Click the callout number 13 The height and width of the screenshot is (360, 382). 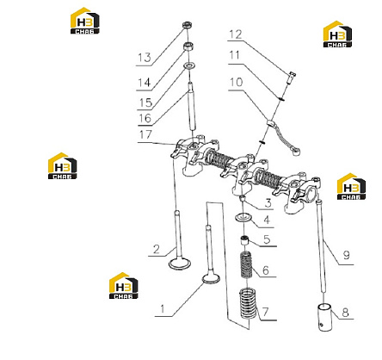pyautogui.click(x=145, y=58)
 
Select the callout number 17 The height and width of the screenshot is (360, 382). pyautogui.click(x=145, y=134)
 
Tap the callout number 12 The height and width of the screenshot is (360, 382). pyautogui.click(x=236, y=34)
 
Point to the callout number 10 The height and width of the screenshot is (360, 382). pyautogui.click(x=236, y=82)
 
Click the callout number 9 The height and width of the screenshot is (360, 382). pyautogui.click(x=347, y=255)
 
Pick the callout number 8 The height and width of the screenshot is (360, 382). pyautogui.click(x=345, y=312)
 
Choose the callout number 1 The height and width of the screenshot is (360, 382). pyautogui.click(x=163, y=309)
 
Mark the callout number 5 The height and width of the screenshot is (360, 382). pyautogui.click(x=267, y=239)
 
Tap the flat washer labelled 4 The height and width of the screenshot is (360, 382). pyautogui.click(x=243, y=217)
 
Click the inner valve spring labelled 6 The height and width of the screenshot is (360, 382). pyautogui.click(x=246, y=265)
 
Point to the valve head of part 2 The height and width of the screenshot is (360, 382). pyautogui.click(x=180, y=264)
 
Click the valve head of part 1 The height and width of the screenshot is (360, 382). pyautogui.click(x=212, y=278)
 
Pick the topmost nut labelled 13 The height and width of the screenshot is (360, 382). pyautogui.click(x=188, y=25)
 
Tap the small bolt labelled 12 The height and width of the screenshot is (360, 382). pyautogui.click(x=291, y=78)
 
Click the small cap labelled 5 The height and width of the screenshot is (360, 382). pyautogui.click(x=244, y=240)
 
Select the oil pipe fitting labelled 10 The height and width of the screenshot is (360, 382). pyautogui.click(x=283, y=136)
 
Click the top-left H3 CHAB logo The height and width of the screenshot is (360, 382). pyautogui.click(x=85, y=21)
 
